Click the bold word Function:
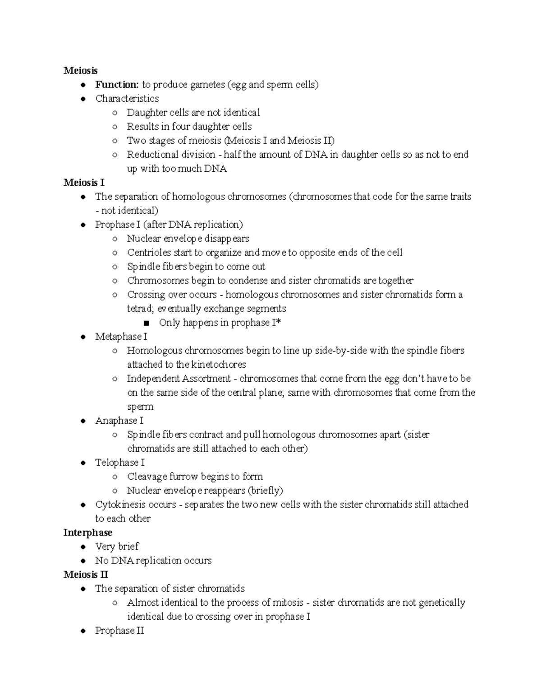pos(117,85)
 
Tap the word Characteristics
pos(127,99)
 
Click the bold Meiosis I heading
pos(84,183)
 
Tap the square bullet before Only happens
pos(146,323)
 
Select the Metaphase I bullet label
pos(121,337)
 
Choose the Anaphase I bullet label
pos(119,421)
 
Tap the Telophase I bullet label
pos(119,462)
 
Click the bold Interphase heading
pos(87,533)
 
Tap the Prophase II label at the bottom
pos(119,631)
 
